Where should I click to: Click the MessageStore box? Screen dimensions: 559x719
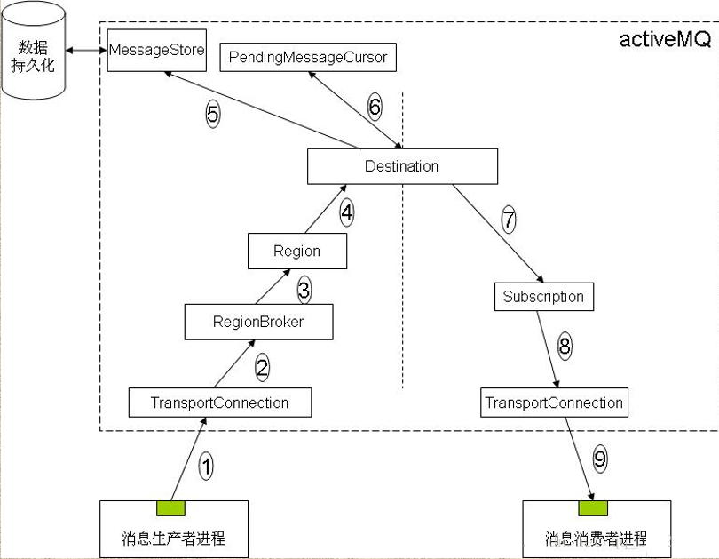pyautogui.click(x=155, y=50)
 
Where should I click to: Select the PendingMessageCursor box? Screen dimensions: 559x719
pyautogui.click(x=307, y=57)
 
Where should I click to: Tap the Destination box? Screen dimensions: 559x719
pyautogui.click(x=401, y=166)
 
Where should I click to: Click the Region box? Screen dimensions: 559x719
pyautogui.click(x=296, y=251)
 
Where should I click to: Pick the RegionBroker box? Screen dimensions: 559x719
pyautogui.click(x=257, y=322)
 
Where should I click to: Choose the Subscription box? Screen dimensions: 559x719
pyautogui.click(x=543, y=297)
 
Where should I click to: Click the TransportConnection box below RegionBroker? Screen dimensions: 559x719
pyautogui.click(x=219, y=403)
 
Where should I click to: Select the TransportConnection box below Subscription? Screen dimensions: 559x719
pyautogui.click(x=554, y=403)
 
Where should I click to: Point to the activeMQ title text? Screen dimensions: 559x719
pyautogui.click(x=664, y=40)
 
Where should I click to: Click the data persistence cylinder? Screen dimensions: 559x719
pyautogui.click(x=34, y=52)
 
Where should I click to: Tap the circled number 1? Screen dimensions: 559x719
pyautogui.click(x=206, y=466)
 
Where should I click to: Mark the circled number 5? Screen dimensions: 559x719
pyautogui.click(x=212, y=115)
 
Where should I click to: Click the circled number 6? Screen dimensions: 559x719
pyautogui.click(x=375, y=108)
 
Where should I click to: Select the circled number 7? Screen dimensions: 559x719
pyautogui.click(x=509, y=220)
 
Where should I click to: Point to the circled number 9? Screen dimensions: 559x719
pyautogui.click(x=600, y=459)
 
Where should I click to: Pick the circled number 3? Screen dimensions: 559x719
pyautogui.click(x=304, y=289)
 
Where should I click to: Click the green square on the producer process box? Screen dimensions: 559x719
pyautogui.click(x=170, y=508)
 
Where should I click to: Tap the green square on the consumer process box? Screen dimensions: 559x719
pyautogui.click(x=593, y=508)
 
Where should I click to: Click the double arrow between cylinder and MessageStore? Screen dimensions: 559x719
pyautogui.click(x=86, y=51)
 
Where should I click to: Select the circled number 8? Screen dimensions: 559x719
pyautogui.click(x=565, y=346)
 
